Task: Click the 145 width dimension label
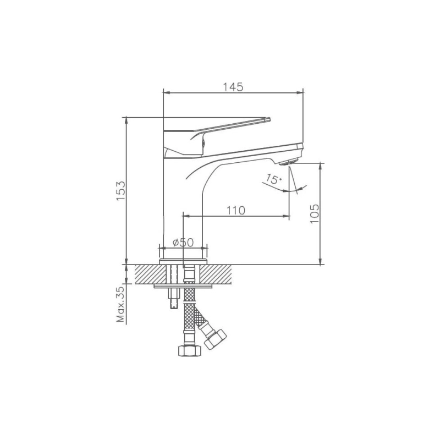pyautogui.click(x=233, y=87)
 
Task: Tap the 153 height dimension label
pyautogui.click(x=121, y=191)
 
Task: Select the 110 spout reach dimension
pyautogui.click(x=236, y=210)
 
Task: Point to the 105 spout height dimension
pyautogui.click(x=315, y=214)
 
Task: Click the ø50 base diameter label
pyautogui.click(x=183, y=242)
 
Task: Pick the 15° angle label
pyautogui.click(x=273, y=179)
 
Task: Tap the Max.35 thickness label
pyautogui.click(x=120, y=304)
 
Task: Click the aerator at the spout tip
pyautogui.click(x=288, y=162)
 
